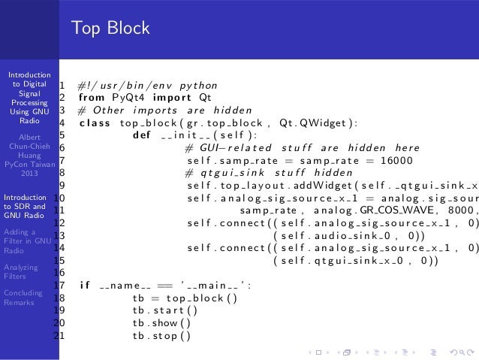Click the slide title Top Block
point(110,29)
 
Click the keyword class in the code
point(94,122)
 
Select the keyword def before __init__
point(140,135)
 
